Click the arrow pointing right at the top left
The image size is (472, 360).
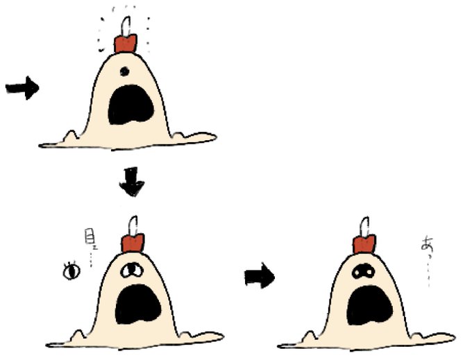pyautogui.click(x=22, y=89)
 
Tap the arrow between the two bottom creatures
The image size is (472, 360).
pyautogui.click(x=260, y=277)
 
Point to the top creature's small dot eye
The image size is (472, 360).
pyautogui.click(x=124, y=70)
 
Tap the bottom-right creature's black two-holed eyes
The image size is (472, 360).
pyautogui.click(x=361, y=273)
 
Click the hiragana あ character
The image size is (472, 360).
pyautogui.click(x=425, y=244)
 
